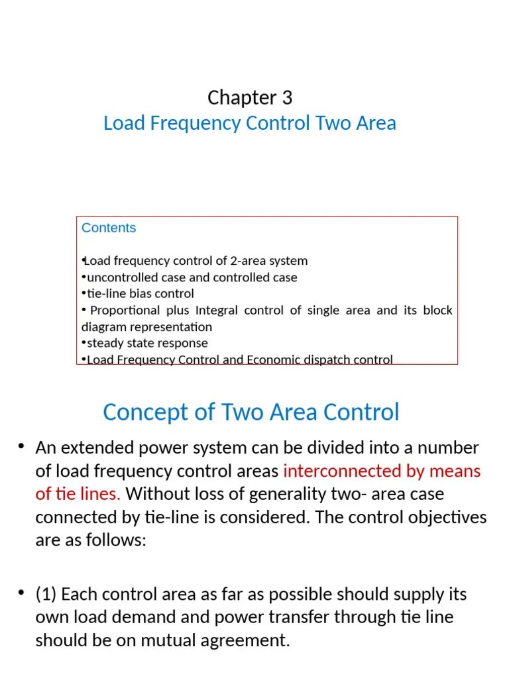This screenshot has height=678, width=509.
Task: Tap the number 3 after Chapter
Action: pyautogui.click(x=286, y=98)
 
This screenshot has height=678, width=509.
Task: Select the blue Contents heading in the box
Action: pyautogui.click(x=109, y=228)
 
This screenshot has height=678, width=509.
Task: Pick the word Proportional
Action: pyautogui.click(x=125, y=311)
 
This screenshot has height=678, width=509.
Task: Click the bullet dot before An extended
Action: pyautogui.click(x=22, y=448)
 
